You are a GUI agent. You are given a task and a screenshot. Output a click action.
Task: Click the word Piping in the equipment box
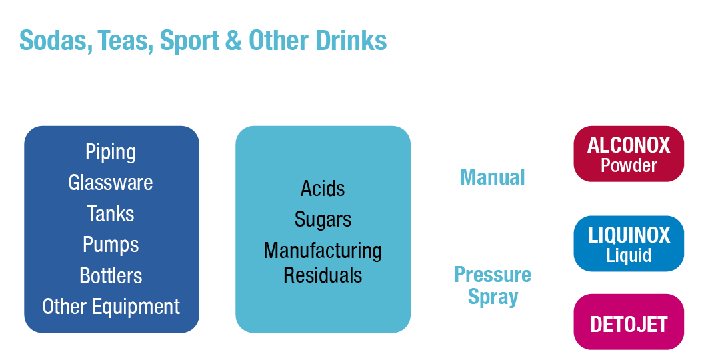click(111, 152)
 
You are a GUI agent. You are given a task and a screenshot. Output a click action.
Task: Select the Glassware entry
click(111, 183)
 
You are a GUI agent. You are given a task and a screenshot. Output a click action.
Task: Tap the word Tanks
click(111, 214)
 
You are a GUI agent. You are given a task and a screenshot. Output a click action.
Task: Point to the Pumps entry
click(111, 245)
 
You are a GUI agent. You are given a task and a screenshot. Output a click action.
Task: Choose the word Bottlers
click(111, 276)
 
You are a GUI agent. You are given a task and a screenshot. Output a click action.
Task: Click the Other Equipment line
click(111, 307)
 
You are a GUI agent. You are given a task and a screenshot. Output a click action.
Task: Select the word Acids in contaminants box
click(323, 189)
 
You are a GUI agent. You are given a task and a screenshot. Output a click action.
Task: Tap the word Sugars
click(323, 219)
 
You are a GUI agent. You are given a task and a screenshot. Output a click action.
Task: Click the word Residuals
click(323, 275)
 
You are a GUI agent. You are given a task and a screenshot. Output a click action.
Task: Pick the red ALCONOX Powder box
click(628, 155)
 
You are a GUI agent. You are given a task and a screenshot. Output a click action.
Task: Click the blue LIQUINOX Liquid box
click(628, 244)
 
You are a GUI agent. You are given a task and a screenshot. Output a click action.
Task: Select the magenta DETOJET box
click(628, 325)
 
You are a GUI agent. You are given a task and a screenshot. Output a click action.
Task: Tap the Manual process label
click(493, 177)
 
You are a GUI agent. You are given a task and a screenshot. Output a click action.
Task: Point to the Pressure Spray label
click(493, 285)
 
